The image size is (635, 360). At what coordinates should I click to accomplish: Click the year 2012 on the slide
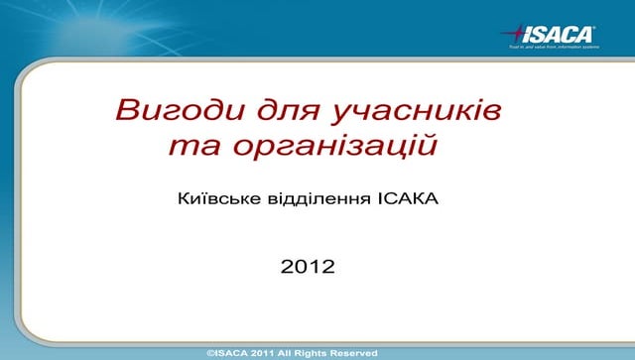[x=309, y=266]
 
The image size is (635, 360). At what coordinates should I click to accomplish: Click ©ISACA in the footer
[x=226, y=353]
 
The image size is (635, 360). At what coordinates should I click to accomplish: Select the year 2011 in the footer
[x=264, y=353]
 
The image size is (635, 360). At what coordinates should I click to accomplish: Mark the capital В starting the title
[x=125, y=108]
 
